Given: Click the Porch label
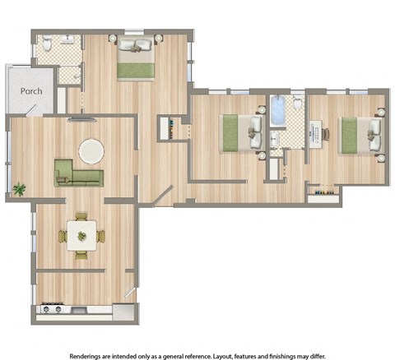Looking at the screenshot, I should pos(31,91).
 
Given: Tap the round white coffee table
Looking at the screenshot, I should pos(91,150).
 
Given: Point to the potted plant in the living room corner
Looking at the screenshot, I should pos(18,190).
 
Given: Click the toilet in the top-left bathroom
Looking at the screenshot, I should pos(48,44).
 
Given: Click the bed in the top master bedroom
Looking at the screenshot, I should pos(136,60).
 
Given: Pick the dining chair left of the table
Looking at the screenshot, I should pos(63,237).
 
